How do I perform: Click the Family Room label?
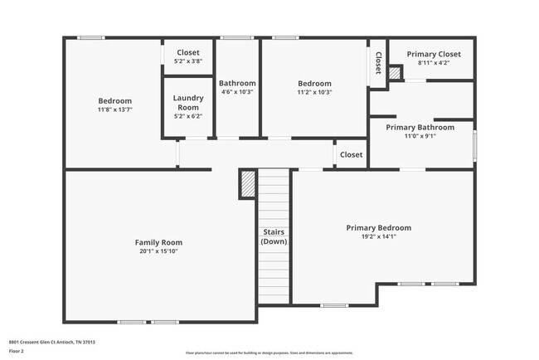158,242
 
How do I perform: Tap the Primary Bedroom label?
378,227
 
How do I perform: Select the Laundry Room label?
187,102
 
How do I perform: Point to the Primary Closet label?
433,54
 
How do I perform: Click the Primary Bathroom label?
420,127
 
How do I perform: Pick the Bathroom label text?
237,83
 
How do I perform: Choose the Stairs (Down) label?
274,236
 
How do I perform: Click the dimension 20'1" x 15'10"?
158,251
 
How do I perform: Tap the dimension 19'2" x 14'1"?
378,236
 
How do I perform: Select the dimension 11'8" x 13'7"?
115,109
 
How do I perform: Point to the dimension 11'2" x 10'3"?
315,92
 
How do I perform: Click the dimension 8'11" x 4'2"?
433,63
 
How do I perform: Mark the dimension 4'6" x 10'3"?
237,92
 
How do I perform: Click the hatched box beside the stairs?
247,183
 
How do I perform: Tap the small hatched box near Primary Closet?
395,74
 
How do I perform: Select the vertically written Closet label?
378,63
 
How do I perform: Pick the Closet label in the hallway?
351,154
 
